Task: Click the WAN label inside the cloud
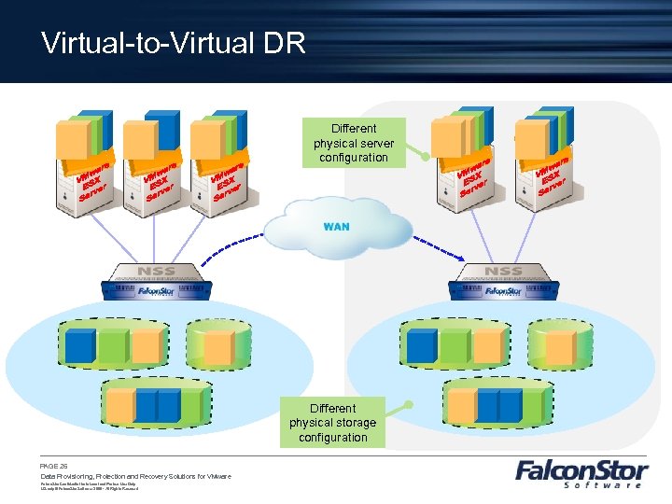336,227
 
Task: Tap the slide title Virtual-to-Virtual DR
174,43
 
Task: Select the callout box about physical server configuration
354,143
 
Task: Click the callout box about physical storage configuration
333,422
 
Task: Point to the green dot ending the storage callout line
408,404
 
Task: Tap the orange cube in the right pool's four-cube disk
460,404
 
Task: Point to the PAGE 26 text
54,465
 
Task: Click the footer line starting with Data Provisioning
135,476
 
